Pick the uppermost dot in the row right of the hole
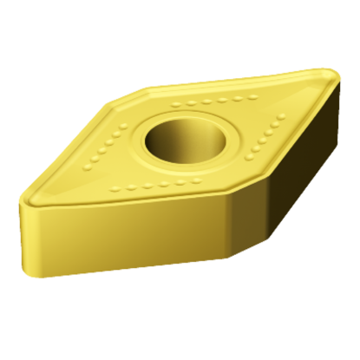tap(284, 114)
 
